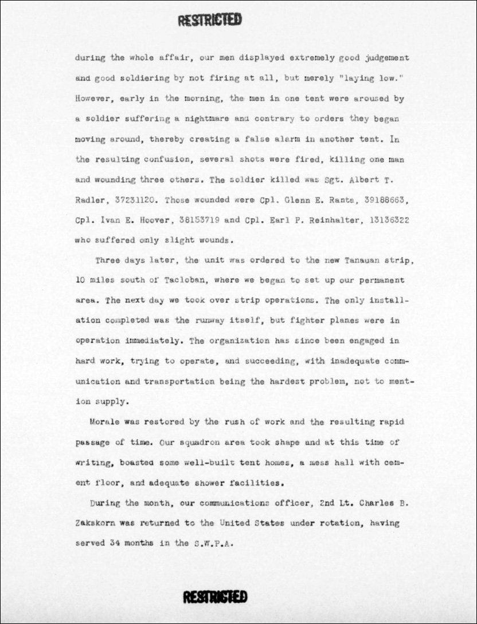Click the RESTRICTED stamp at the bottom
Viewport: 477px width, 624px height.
[215, 597]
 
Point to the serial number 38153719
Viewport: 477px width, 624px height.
[194, 220]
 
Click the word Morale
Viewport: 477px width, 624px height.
[105, 422]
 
